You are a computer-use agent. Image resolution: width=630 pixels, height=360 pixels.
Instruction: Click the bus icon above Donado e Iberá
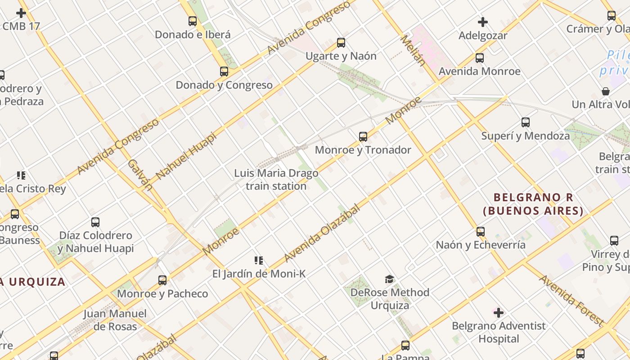(193, 21)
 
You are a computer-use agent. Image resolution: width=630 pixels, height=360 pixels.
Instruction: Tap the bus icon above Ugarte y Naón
(341, 43)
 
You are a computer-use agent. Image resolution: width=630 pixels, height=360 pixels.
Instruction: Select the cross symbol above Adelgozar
(483, 22)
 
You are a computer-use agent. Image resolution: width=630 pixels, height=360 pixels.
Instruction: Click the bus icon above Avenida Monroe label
(480, 58)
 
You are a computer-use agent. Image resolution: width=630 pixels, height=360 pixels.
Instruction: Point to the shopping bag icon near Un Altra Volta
(606, 91)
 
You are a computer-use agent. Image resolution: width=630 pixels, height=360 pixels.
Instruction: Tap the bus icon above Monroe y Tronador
(363, 136)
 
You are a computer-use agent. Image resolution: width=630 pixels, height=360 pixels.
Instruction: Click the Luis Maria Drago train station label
(276, 180)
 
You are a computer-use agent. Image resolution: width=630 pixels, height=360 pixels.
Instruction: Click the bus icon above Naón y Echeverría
(481, 232)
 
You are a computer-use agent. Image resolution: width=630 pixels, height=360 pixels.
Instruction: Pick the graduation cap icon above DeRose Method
(389, 279)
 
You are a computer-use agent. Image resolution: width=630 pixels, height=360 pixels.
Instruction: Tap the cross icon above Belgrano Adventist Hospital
(498, 312)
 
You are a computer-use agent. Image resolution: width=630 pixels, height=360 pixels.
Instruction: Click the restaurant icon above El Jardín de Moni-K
(259, 261)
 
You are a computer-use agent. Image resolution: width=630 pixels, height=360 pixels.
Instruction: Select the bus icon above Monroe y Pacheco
(162, 280)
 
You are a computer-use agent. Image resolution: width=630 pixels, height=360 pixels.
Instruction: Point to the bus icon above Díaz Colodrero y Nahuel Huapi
(95, 222)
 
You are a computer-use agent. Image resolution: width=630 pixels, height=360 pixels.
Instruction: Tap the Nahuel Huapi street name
(186, 156)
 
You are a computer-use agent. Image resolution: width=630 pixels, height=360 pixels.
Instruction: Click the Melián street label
(413, 50)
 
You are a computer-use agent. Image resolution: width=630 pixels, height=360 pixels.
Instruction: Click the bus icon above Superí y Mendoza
(525, 122)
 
